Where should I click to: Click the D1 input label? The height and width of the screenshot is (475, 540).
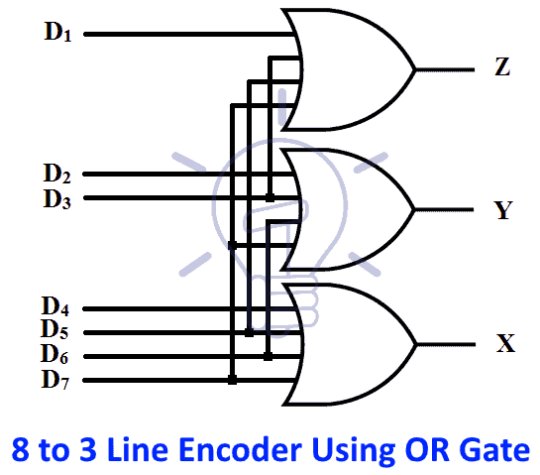57,32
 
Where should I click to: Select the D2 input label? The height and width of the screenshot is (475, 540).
56,175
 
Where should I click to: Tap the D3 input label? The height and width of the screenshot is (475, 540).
56,198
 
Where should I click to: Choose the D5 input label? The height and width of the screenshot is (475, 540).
56,331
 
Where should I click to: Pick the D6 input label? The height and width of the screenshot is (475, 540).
56,355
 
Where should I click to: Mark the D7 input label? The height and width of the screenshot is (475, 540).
56,379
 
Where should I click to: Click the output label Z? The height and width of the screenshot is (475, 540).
502,68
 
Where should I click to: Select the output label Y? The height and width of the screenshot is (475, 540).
502,210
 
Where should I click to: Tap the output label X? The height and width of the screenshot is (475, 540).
504,345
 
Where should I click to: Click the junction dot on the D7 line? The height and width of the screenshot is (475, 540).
232,379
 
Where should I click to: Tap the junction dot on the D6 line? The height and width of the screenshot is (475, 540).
269,355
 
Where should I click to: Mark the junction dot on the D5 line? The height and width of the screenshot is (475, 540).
250,331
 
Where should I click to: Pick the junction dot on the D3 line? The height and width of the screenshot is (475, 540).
270,198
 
